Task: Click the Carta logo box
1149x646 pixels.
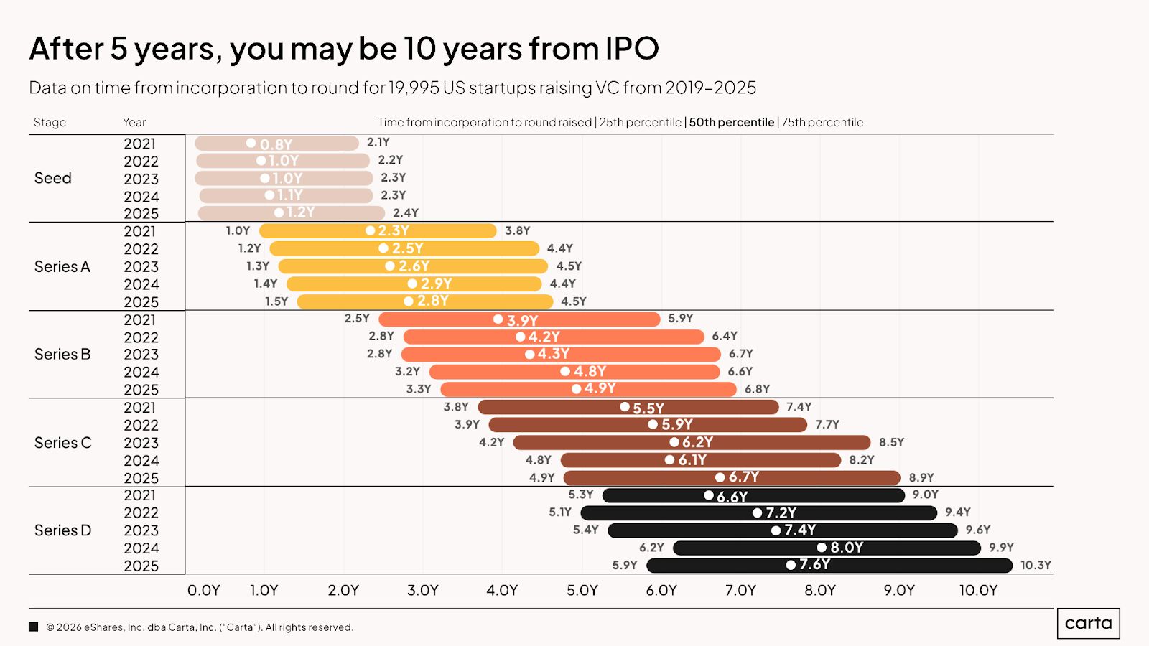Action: [1088, 623]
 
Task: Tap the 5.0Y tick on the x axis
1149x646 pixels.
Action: [582, 590]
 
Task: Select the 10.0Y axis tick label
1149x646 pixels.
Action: [978, 590]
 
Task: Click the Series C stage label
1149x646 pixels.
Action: [63, 443]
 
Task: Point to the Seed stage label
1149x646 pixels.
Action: [53, 178]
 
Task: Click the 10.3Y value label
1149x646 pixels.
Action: [1036, 566]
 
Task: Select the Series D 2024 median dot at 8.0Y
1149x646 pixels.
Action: [822, 548]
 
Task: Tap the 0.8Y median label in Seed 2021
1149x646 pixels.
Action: [276, 144]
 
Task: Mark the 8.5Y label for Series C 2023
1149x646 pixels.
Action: [891, 442]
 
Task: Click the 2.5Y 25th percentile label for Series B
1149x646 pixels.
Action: [357, 319]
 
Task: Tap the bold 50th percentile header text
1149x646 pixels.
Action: [731, 122]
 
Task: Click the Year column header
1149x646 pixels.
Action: [134, 122]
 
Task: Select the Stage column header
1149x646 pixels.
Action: [50, 122]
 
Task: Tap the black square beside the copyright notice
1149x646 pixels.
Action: [33, 627]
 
